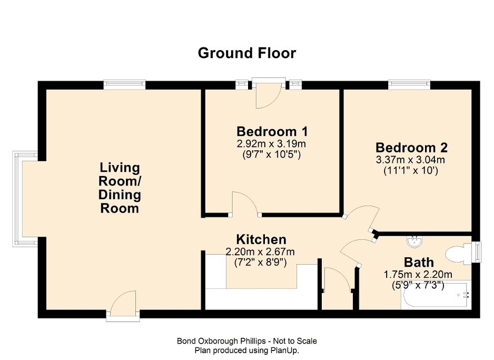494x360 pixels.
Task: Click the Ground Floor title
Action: tap(246, 53)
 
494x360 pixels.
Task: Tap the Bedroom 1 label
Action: tap(272, 131)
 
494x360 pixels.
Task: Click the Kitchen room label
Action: tap(261, 239)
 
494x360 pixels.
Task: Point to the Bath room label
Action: tap(419, 262)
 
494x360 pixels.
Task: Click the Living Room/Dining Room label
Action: tap(120, 188)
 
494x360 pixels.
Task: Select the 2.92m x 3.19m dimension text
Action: tap(272, 143)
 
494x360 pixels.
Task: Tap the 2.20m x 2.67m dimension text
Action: tap(260, 252)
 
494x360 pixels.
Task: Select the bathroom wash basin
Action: tap(414, 241)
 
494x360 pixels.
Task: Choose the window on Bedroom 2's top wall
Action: tap(409, 84)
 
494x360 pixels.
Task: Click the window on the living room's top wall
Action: tap(124, 84)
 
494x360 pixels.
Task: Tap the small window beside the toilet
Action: tap(477, 251)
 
